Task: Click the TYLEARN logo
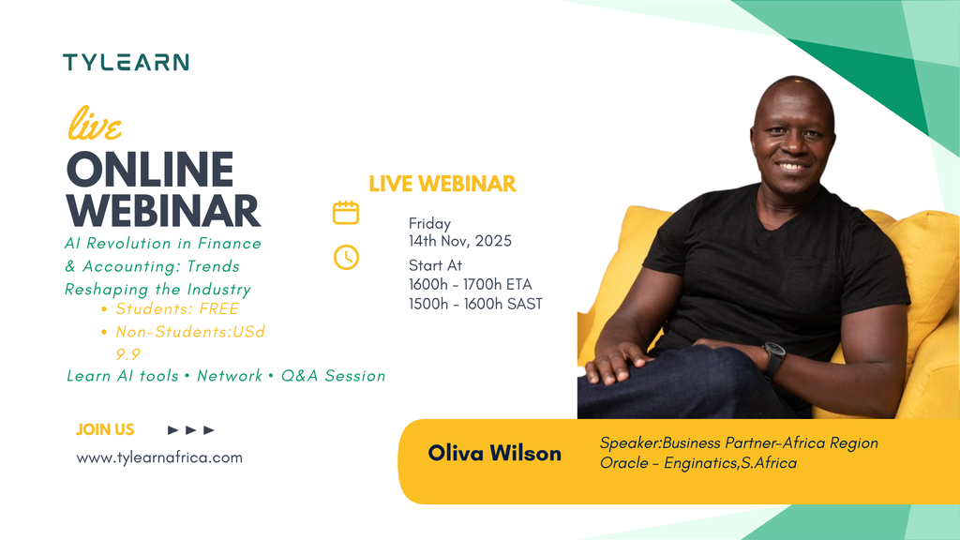click(x=126, y=63)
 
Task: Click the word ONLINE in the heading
click(x=150, y=171)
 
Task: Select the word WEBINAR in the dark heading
click(x=163, y=211)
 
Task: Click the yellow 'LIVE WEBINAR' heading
click(x=442, y=184)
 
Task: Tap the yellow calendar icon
click(x=346, y=213)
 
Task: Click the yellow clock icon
click(x=346, y=257)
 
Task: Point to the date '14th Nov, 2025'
click(x=459, y=241)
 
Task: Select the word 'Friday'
click(x=429, y=224)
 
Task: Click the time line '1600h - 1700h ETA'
click(x=470, y=285)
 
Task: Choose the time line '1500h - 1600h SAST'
click(x=474, y=304)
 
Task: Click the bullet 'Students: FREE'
click(x=176, y=308)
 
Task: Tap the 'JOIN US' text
click(x=105, y=429)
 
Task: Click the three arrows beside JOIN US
click(x=191, y=430)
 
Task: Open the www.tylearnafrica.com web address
click(x=159, y=457)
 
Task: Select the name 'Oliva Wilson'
click(x=494, y=454)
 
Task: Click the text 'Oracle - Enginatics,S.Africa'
click(x=697, y=463)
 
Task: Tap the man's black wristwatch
click(x=773, y=358)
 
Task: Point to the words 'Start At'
click(x=435, y=265)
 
